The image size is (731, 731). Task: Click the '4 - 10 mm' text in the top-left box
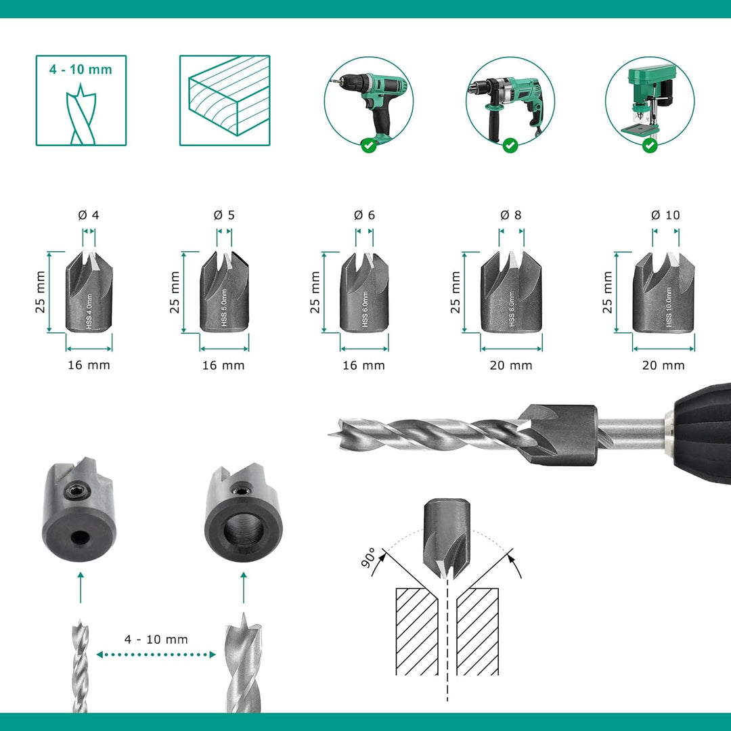(81, 70)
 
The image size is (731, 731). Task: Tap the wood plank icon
(225, 100)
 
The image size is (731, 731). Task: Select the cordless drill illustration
(369, 106)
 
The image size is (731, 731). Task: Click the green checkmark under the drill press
(650, 146)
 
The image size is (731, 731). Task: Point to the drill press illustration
(650, 102)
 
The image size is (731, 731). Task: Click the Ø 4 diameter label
(89, 215)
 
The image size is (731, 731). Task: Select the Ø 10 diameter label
(665, 215)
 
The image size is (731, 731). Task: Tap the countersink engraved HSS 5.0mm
(224, 292)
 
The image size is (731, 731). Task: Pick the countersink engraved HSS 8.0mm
(512, 292)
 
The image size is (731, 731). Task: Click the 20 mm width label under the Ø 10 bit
(663, 365)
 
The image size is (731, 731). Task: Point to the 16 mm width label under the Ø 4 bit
(89, 365)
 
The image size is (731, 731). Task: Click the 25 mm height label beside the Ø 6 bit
(315, 292)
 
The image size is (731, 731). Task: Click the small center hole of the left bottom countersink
(80, 539)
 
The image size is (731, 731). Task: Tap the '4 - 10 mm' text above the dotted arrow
(156, 639)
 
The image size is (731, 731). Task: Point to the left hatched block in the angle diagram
(417, 632)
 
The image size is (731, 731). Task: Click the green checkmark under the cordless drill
(369, 146)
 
